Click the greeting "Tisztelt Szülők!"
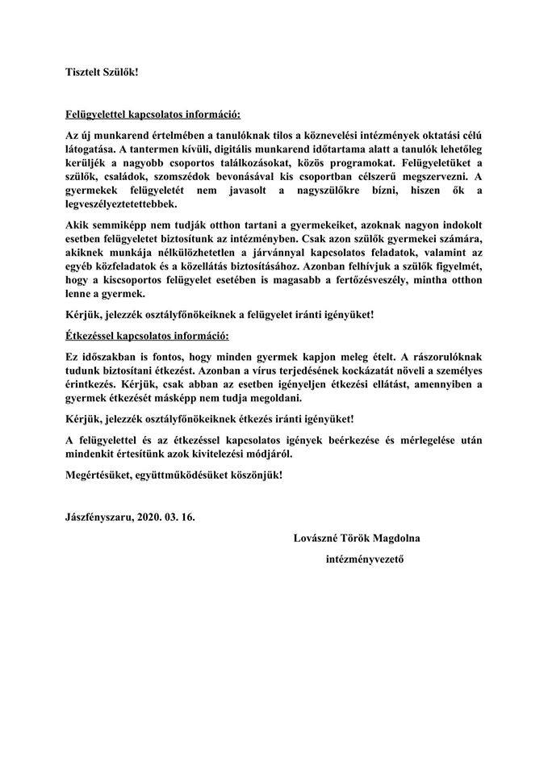(102, 71)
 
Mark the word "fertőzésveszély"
(370, 282)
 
